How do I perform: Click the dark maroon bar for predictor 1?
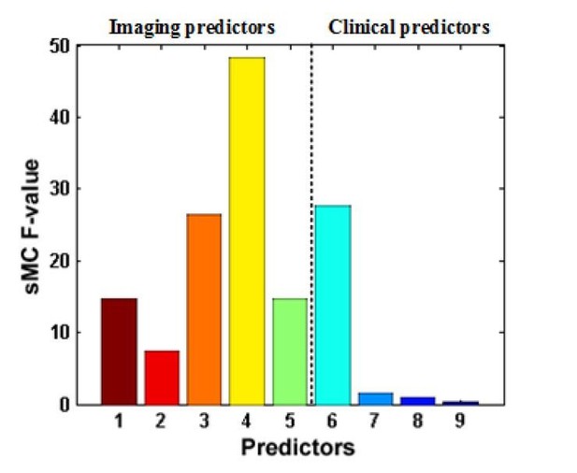pyautogui.click(x=119, y=351)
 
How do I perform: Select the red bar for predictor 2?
pyautogui.click(x=162, y=378)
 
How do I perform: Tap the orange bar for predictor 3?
pyautogui.click(x=204, y=309)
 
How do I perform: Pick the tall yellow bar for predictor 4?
pyautogui.click(x=247, y=231)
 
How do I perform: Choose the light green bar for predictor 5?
pyautogui.click(x=290, y=351)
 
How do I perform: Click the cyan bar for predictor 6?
pyautogui.click(x=333, y=305)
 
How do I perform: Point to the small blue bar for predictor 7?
pyautogui.click(x=376, y=399)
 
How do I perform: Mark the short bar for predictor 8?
pyautogui.click(x=418, y=401)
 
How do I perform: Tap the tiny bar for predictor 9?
pyautogui.click(x=461, y=403)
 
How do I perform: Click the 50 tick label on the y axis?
pyautogui.click(x=60, y=47)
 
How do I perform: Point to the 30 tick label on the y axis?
pyautogui.click(x=60, y=189)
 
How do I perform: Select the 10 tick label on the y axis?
pyautogui.click(x=60, y=333)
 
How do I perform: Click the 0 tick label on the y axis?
pyautogui.click(x=65, y=405)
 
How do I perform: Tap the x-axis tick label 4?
pyautogui.click(x=246, y=421)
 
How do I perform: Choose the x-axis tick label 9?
pyautogui.click(x=460, y=421)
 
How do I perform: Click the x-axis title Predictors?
pyautogui.click(x=298, y=447)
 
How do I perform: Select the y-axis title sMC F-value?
pyautogui.click(x=32, y=226)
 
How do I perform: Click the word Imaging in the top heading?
pyautogui.click(x=145, y=28)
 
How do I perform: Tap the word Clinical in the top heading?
pyautogui.click(x=362, y=27)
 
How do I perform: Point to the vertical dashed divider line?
pyautogui.click(x=311, y=224)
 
